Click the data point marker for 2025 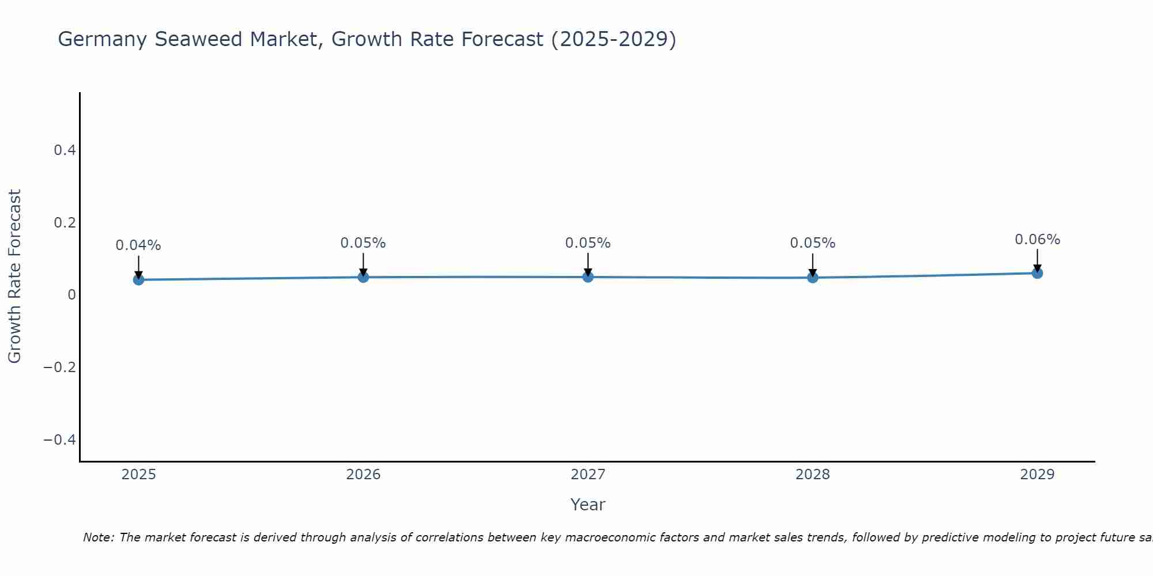(x=138, y=280)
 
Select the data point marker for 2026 (x=363, y=277)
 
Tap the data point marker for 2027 (x=588, y=277)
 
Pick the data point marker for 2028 (x=812, y=278)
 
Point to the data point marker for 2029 (x=1037, y=273)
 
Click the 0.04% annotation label (x=138, y=245)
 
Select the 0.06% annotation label (x=1037, y=240)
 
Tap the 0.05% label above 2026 (x=363, y=243)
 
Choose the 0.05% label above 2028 (x=812, y=243)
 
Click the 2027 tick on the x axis (x=588, y=475)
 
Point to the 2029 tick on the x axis (x=1037, y=475)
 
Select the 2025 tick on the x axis (x=138, y=475)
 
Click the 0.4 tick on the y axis (x=65, y=150)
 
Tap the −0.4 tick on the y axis (x=60, y=440)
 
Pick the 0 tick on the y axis (x=71, y=295)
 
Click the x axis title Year (x=587, y=505)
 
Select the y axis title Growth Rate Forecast (x=14, y=276)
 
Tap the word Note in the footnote (x=98, y=537)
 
